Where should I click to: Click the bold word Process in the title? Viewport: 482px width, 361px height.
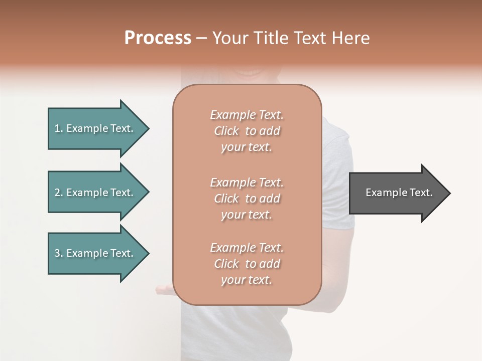tap(158, 38)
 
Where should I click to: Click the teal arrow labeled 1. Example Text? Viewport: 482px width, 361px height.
tap(95, 128)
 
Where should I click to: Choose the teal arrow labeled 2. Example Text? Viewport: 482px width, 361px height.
tap(95, 193)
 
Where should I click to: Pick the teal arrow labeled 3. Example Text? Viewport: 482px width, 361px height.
tap(95, 253)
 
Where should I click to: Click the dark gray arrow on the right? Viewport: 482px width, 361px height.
tap(397, 193)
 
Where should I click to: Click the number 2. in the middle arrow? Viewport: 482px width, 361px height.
tap(59, 193)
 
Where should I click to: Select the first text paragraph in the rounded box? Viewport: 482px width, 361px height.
tap(247, 131)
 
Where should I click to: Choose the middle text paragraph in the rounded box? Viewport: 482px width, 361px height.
tap(247, 199)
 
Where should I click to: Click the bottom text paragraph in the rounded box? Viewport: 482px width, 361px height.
tap(247, 264)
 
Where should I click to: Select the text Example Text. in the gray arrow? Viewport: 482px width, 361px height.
tap(399, 193)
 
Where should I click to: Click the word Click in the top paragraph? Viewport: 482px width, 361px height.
tap(226, 131)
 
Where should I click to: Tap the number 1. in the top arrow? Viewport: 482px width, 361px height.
tap(59, 128)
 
